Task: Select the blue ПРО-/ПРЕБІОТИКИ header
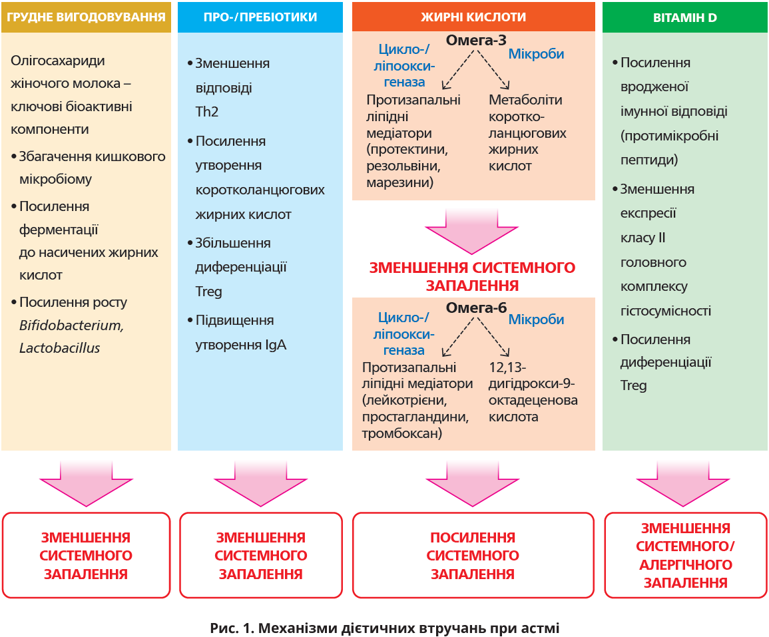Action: (260, 17)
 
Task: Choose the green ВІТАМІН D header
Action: (684, 17)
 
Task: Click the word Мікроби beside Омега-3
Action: (536, 54)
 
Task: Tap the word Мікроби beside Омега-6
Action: (536, 319)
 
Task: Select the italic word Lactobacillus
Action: (59, 347)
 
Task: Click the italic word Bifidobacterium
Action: (71, 325)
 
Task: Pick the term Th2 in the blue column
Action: (206, 112)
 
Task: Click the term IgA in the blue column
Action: (275, 345)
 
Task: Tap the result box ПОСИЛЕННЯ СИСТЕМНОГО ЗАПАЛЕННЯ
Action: (473, 554)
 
